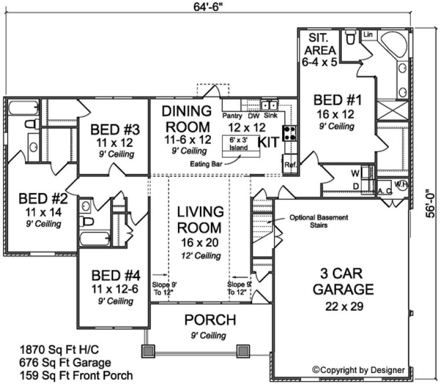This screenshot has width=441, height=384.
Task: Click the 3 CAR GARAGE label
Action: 340,281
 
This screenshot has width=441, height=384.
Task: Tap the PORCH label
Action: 210,320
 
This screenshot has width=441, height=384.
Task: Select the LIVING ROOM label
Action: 199,219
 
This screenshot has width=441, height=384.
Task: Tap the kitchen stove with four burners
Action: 290,134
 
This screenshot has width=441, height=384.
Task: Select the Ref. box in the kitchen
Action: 290,165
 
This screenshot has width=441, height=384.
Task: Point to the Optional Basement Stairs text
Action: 319,221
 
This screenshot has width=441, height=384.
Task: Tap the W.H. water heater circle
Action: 401,184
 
